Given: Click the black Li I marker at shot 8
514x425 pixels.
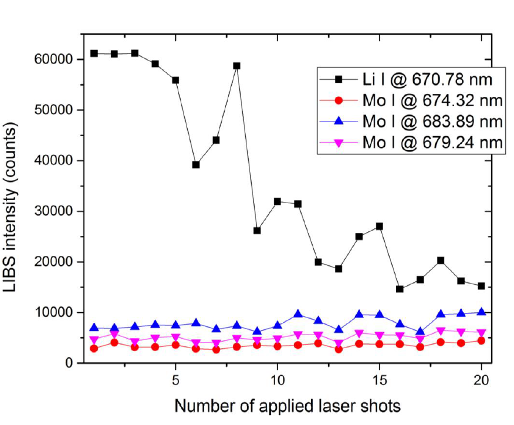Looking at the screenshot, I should pyautogui.click(x=236, y=66).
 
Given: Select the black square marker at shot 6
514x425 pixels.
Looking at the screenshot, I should pyautogui.click(x=195, y=165).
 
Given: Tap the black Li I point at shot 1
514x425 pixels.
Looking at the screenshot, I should pyautogui.click(x=94, y=53).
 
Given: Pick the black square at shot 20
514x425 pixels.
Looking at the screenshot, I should pyautogui.click(x=481, y=286).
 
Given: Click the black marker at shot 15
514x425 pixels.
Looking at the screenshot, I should pyautogui.click(x=379, y=226).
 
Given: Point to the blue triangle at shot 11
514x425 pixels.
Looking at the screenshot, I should pyautogui.click(x=297, y=314).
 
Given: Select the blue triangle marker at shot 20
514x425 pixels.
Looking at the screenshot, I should pyautogui.click(x=481, y=312).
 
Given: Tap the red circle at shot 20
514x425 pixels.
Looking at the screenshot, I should pyautogui.click(x=481, y=340).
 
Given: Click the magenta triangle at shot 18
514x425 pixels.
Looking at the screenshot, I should pyautogui.click(x=440, y=330).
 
